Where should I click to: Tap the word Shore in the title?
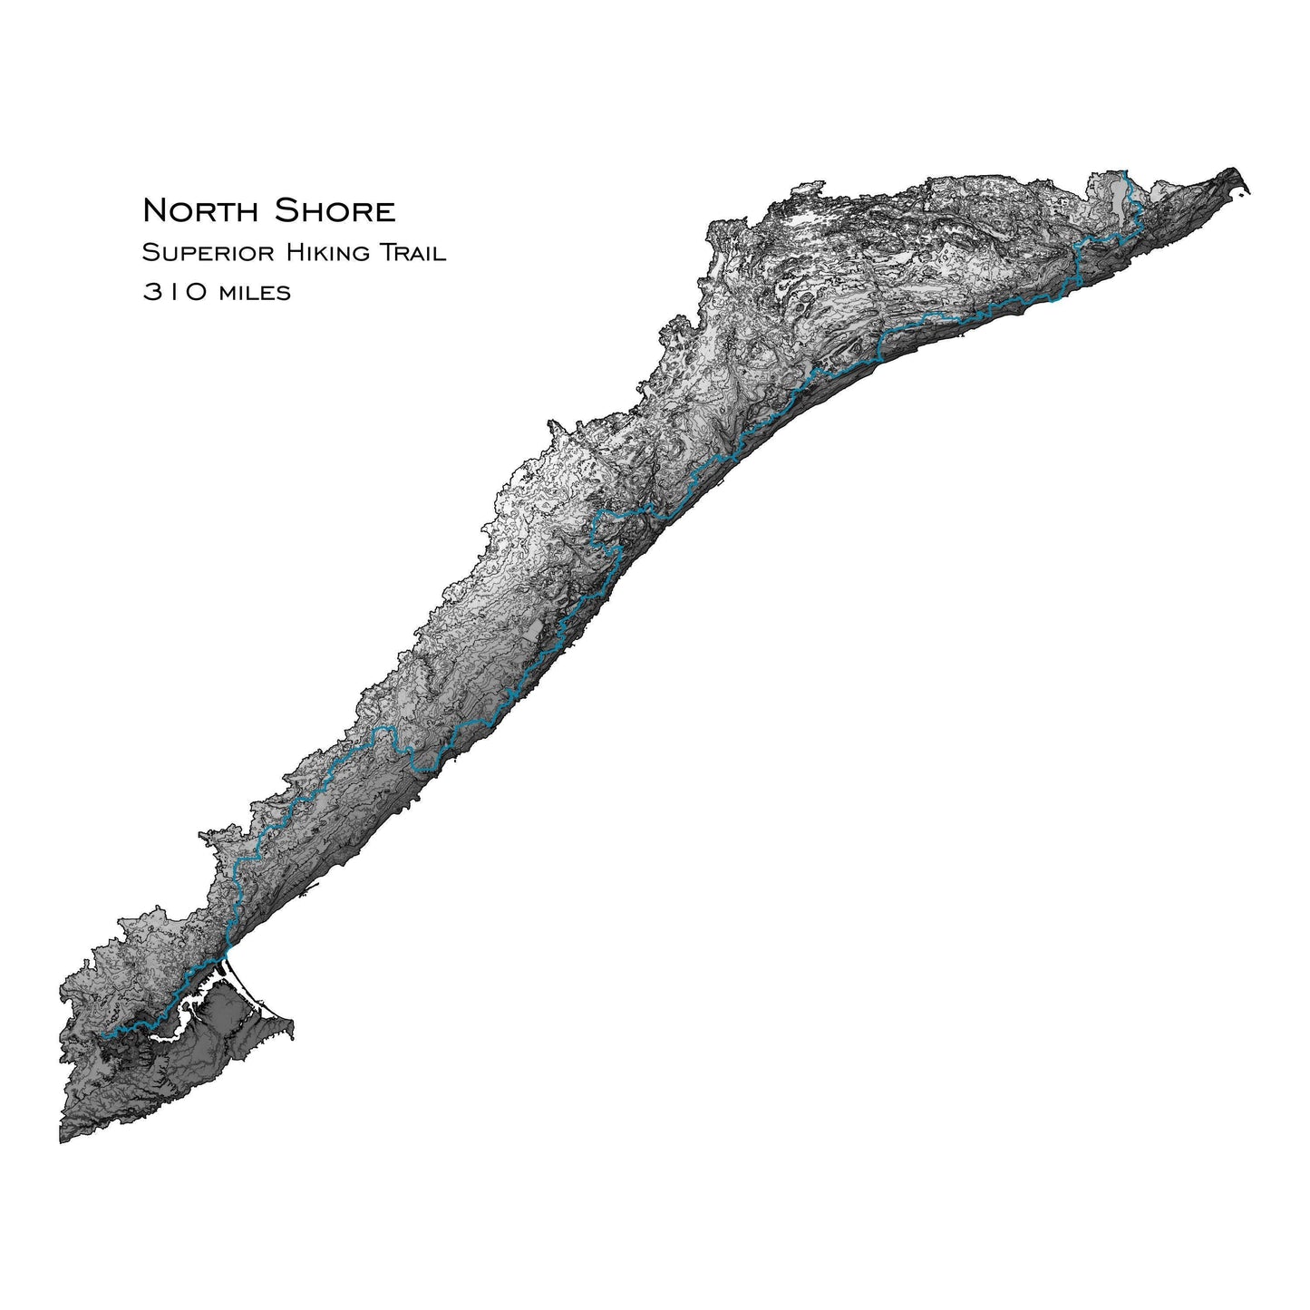[x=335, y=211]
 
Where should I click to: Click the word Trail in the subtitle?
[x=412, y=253]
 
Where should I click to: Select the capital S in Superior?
[x=149, y=253]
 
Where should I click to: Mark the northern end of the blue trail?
[x=1125, y=171]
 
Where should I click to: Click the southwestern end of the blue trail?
[x=102, y=1034]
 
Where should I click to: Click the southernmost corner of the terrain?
[x=62, y=1140]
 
